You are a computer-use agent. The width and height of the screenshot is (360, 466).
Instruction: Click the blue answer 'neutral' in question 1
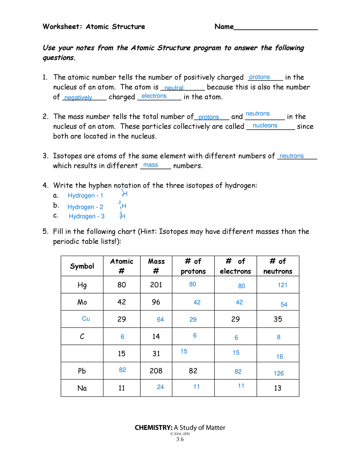click(x=174, y=88)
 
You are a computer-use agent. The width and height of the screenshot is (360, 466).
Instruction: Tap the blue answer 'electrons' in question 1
click(x=154, y=96)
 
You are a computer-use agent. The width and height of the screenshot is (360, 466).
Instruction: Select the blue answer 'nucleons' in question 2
click(x=265, y=125)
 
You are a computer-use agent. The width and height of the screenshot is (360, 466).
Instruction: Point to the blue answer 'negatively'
click(x=78, y=98)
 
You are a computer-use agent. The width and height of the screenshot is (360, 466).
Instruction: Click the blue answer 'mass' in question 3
click(x=151, y=165)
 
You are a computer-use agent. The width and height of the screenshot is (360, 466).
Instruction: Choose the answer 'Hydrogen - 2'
click(x=85, y=207)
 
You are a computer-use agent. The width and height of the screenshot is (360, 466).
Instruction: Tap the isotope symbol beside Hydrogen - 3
click(x=122, y=216)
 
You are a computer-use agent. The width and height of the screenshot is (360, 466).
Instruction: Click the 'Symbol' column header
click(x=82, y=266)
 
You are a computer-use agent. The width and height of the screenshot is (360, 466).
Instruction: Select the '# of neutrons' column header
click(x=278, y=266)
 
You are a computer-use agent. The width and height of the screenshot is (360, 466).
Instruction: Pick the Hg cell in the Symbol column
click(x=82, y=285)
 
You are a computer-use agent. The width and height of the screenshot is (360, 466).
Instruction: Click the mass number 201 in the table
click(x=156, y=285)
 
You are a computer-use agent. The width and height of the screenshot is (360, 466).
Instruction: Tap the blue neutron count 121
click(x=282, y=285)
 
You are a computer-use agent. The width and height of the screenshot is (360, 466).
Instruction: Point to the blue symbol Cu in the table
click(x=86, y=319)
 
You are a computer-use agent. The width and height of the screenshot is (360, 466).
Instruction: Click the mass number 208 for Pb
click(x=156, y=371)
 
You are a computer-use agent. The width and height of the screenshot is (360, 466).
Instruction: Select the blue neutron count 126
click(x=279, y=373)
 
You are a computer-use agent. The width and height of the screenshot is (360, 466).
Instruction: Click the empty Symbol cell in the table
click(x=82, y=353)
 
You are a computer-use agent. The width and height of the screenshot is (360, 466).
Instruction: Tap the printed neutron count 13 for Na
click(x=278, y=388)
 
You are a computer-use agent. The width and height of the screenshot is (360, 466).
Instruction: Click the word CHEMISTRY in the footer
click(x=153, y=428)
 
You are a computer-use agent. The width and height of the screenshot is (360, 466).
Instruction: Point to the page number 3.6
click(x=180, y=439)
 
